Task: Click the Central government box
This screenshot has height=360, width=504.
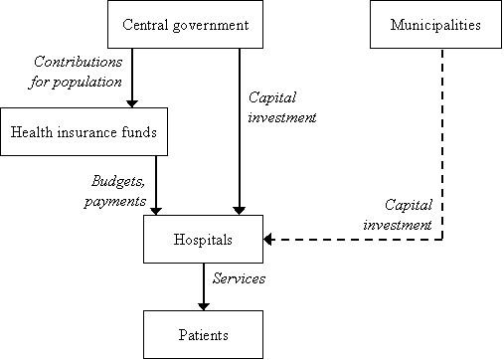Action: coord(185,24)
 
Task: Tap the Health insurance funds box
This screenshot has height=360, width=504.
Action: coord(84,132)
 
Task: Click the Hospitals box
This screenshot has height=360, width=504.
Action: coord(203,240)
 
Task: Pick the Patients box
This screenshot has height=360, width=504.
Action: coord(203,335)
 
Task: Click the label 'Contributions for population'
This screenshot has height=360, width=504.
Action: coord(76,71)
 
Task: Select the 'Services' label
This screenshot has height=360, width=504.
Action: coord(240,279)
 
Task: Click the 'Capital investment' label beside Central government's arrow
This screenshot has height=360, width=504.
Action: coord(280,107)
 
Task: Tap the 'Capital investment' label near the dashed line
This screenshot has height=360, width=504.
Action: coord(410,215)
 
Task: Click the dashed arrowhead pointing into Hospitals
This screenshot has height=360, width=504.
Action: coord(270,240)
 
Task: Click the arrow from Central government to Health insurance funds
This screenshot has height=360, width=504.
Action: coord(130,79)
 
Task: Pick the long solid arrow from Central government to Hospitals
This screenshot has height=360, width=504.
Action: coord(239,129)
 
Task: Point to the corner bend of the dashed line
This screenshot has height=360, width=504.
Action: coord(442,240)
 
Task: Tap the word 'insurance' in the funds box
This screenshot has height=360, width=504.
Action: coord(85,132)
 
